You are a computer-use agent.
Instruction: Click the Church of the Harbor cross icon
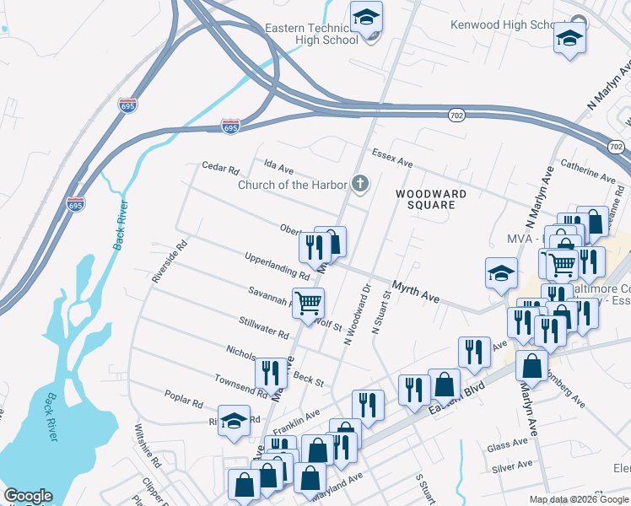click(361, 185)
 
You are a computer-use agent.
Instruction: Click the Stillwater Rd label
click(263, 327)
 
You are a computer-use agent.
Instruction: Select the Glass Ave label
click(507, 447)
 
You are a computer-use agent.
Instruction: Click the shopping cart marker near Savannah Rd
click(309, 303)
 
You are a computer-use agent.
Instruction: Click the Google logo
click(28, 496)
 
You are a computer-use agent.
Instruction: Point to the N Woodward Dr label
click(357, 314)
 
